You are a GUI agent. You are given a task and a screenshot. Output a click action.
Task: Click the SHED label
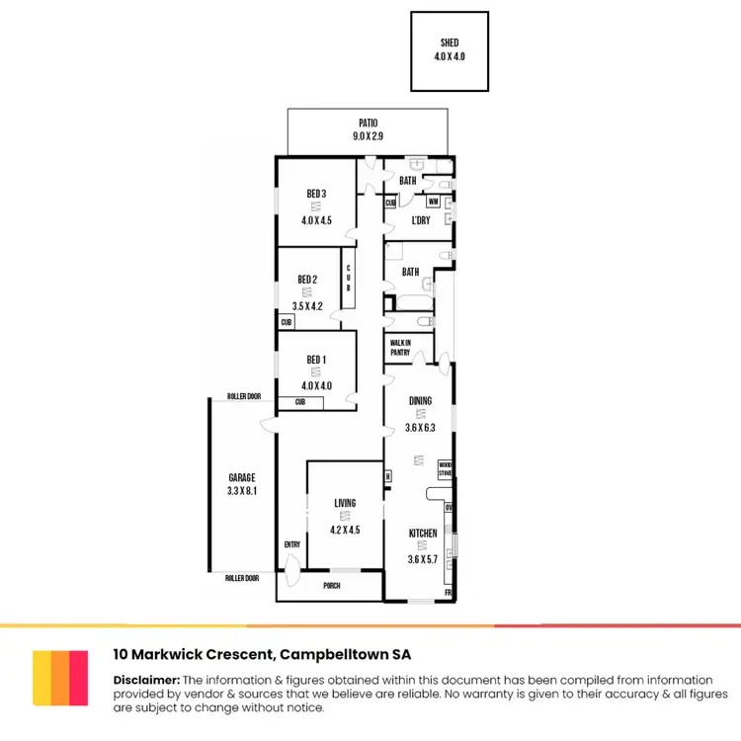tap(450, 43)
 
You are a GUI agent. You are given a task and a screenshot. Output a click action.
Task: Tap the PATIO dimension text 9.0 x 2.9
tap(369, 136)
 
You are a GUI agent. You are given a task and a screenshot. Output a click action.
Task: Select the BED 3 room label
tap(315, 192)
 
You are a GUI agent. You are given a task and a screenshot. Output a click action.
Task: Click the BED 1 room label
tap(316, 360)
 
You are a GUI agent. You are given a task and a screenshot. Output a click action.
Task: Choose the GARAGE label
tap(241, 477)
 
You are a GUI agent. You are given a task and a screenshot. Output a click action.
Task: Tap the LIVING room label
tap(345, 503)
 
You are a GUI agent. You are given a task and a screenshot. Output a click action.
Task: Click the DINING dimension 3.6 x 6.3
tap(421, 428)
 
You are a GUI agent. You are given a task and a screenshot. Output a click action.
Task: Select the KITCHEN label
tap(423, 534)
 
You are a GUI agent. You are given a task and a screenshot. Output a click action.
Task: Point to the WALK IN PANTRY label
tap(400, 347)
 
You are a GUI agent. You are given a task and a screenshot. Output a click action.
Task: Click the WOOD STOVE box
tap(446, 468)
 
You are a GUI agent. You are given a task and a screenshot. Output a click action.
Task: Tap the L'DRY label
tap(420, 219)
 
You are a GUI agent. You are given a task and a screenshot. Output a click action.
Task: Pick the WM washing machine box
tap(433, 202)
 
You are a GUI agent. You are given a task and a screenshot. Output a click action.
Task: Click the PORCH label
tap(331, 585)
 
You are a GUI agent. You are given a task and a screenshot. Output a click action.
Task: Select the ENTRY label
tap(291, 544)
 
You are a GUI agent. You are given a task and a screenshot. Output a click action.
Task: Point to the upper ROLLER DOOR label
tap(243, 396)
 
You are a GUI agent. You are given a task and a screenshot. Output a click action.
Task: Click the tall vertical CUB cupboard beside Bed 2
tap(349, 280)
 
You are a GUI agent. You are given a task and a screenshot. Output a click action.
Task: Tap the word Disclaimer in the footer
tap(146, 680)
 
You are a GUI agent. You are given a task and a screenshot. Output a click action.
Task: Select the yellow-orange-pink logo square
tap(60, 678)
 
